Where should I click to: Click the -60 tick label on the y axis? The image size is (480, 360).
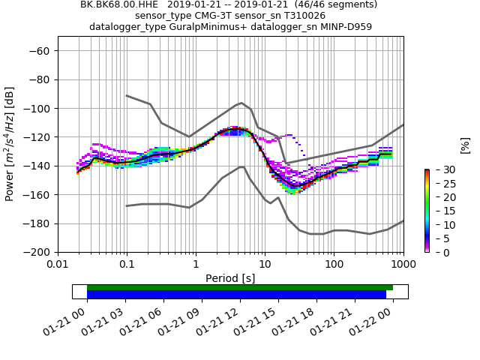point(40,51)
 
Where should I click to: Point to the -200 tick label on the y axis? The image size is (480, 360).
point(37,252)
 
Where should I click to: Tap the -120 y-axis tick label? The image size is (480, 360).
point(37,137)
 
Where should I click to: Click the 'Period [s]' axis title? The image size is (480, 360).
point(230,278)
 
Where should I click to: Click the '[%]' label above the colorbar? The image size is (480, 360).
point(465,145)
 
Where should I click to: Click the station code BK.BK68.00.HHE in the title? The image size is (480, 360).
point(120,4)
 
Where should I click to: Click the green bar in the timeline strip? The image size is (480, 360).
point(240,287)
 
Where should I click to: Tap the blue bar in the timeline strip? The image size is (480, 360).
point(236,295)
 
